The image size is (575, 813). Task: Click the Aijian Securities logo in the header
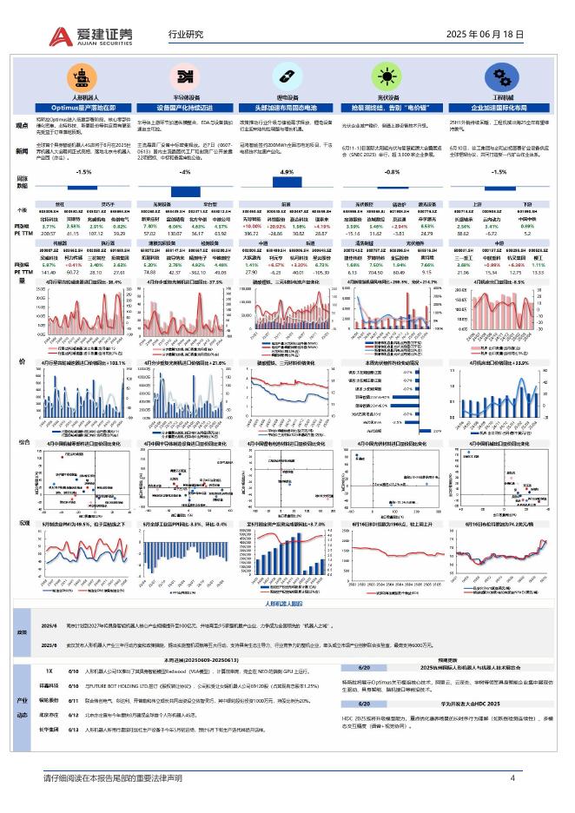[x=90, y=36]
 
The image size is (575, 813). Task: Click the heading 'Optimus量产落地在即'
[x=84, y=107]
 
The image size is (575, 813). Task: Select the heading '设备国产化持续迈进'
[x=184, y=107]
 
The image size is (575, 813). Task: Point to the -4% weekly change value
[x=184, y=172]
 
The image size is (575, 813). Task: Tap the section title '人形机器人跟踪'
[x=287, y=603]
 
